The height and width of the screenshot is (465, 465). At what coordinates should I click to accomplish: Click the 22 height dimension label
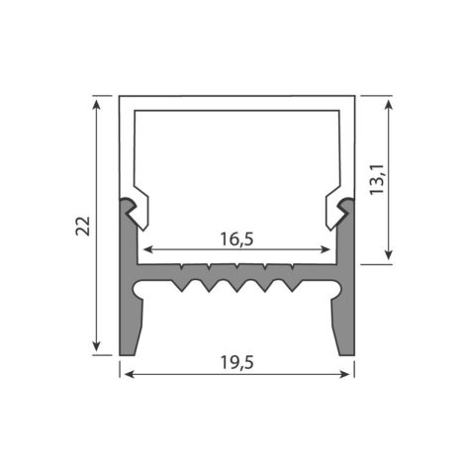tap(83, 226)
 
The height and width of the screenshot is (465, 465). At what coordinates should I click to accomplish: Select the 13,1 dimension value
tap(377, 179)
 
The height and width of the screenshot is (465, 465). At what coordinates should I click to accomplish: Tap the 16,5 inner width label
tap(236, 239)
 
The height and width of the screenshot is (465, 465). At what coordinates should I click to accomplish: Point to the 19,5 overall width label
tap(236, 363)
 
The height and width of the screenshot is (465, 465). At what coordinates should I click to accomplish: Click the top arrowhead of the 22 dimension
tap(96, 105)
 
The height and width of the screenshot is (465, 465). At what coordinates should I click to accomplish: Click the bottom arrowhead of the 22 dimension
tap(96, 346)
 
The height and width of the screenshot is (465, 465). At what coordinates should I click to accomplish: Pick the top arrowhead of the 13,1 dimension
tap(389, 105)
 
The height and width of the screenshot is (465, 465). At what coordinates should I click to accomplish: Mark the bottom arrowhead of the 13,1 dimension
tap(389, 254)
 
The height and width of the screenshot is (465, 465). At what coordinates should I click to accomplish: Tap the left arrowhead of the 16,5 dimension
tap(148, 249)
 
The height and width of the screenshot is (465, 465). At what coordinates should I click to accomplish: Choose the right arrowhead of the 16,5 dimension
tap(325, 249)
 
